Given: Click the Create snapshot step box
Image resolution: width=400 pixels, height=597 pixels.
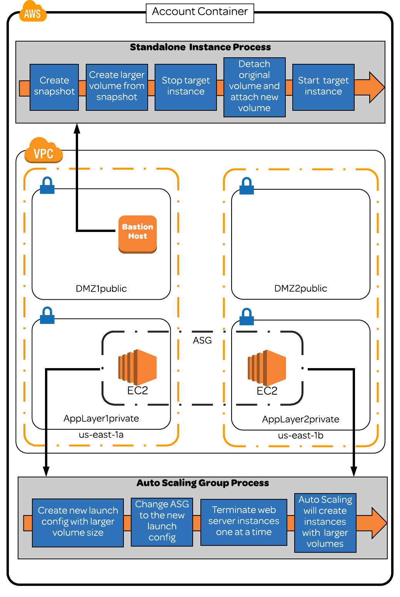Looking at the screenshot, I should (54, 87).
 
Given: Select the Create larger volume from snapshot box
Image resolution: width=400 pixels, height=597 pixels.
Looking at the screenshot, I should (117, 87).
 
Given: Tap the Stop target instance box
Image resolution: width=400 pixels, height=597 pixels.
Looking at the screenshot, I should (186, 87).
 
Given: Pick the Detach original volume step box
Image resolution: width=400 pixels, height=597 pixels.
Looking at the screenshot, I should (254, 87).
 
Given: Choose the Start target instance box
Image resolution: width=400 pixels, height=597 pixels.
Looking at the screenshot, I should (323, 87).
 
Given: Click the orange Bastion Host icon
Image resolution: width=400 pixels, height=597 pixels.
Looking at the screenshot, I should (138, 234).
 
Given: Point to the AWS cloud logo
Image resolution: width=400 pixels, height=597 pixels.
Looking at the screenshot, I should (33, 12).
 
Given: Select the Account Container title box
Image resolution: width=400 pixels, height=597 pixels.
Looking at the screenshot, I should (200, 13).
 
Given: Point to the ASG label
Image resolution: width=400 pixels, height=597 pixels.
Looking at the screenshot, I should (202, 340).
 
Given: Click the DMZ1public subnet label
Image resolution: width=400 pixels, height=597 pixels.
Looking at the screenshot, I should (101, 288).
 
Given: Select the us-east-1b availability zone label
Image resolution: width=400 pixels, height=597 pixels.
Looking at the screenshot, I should (301, 435).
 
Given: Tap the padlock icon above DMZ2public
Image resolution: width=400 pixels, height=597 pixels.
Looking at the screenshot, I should (247, 186).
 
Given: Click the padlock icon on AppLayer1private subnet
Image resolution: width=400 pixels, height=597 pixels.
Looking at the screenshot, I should (47, 315).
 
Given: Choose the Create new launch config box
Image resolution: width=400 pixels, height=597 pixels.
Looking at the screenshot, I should (78, 522).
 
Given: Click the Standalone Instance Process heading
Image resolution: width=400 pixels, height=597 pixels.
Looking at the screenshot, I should (200, 47).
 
